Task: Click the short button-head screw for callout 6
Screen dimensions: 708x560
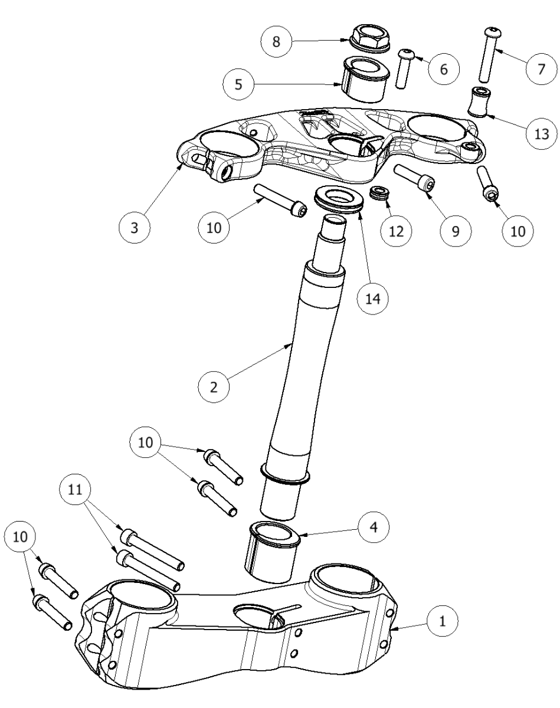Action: pos(405,68)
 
